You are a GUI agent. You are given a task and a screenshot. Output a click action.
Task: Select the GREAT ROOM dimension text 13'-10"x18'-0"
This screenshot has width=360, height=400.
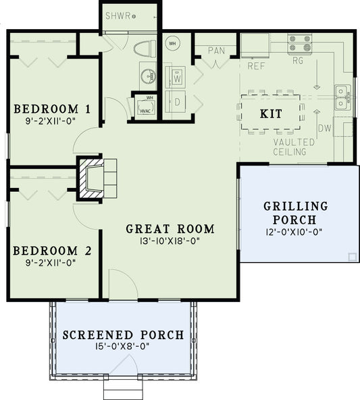[170, 241]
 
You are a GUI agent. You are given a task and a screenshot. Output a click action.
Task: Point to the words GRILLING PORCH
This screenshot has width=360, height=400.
[295, 213]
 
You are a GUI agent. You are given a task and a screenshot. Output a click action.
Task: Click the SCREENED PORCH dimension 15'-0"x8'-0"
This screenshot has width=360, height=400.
[122, 346]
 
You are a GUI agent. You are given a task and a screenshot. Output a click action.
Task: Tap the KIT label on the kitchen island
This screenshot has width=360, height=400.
[271, 114]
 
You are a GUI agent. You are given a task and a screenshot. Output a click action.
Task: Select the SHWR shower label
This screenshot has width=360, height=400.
[120, 15]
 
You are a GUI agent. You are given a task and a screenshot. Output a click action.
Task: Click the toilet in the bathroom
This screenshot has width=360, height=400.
[143, 50]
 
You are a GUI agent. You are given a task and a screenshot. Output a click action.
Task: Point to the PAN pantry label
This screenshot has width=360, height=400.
[216, 51]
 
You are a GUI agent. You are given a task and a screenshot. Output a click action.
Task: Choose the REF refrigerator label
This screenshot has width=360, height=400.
[255, 66]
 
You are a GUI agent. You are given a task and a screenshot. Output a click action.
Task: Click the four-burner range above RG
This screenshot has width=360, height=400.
[300, 44]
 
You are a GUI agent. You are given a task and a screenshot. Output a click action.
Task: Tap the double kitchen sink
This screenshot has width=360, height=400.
[342, 97]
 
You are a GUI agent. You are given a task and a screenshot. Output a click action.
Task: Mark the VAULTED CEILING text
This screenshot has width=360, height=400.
[290, 147]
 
